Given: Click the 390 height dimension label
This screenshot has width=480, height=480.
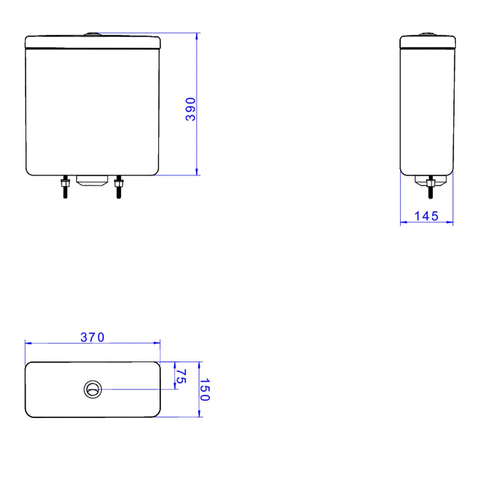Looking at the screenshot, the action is (190, 109).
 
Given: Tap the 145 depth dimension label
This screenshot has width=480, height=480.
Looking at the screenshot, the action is (426, 216).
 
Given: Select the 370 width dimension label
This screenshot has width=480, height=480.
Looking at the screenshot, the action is (92, 338).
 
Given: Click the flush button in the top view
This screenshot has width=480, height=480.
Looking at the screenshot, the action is (93, 389).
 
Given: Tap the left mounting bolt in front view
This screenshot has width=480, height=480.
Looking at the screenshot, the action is (65, 187).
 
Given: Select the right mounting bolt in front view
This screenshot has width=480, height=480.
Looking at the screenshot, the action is (118, 187).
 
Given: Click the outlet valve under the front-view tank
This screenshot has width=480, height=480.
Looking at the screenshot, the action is (92, 181).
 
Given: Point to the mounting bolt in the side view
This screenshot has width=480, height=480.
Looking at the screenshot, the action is (430, 187).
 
